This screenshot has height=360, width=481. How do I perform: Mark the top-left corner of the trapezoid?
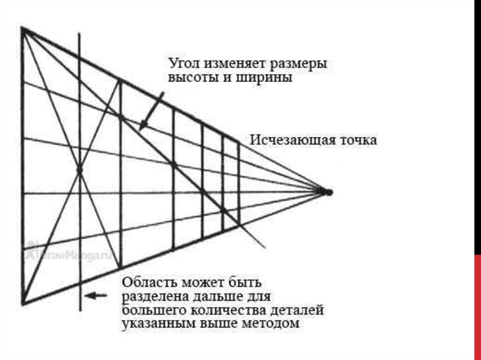(x=23, y=29)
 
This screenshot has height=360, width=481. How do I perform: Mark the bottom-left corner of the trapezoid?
(x=23, y=303)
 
